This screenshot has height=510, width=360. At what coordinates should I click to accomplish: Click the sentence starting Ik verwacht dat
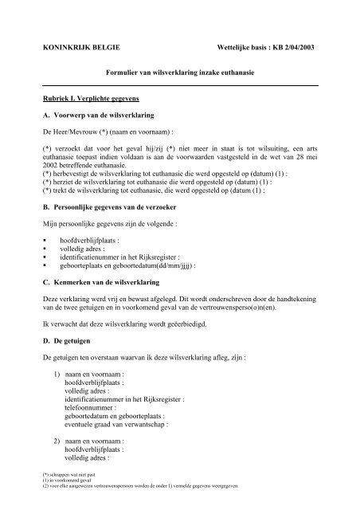tap(124, 326)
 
